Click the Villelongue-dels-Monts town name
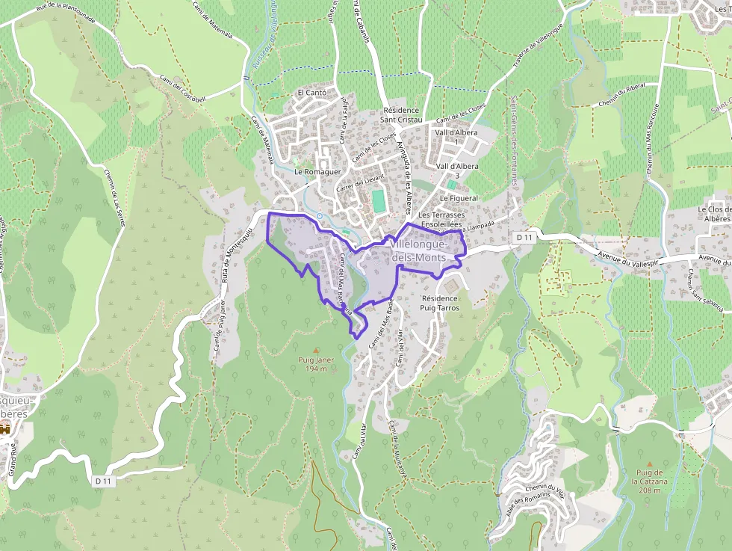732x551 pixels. tap(419, 250)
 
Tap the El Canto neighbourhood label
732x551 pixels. tap(311, 93)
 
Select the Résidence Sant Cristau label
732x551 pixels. tap(402, 114)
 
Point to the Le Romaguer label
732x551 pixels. tap(317, 171)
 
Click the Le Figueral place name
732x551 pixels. tap(458, 198)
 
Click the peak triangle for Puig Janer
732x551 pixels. tap(316, 350)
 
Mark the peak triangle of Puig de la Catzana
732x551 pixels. tap(649, 464)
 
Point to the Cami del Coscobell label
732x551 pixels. tap(182, 88)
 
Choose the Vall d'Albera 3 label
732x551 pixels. tap(456, 170)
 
